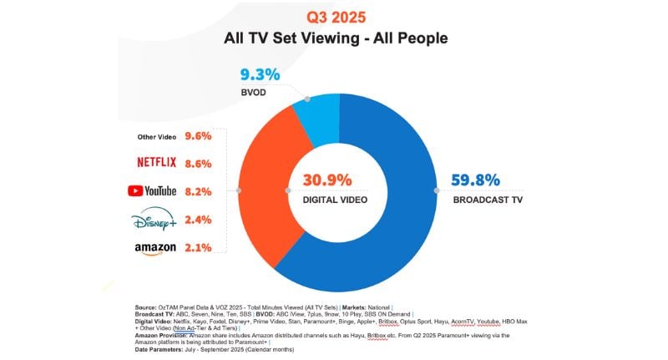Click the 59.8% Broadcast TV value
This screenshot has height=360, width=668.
coord(476,180)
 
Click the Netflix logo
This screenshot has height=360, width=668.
coord(154,162)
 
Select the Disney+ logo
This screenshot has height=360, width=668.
coord(155,220)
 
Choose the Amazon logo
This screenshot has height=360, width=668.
coord(155,248)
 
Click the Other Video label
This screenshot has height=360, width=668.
coord(155,136)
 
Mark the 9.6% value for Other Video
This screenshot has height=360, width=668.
coord(199,135)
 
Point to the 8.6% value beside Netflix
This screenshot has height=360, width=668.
coord(199,162)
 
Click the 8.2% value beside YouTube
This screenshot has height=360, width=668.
coord(199,190)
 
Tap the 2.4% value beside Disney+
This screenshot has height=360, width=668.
coord(199,220)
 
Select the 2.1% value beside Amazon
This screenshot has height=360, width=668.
coord(199,247)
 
